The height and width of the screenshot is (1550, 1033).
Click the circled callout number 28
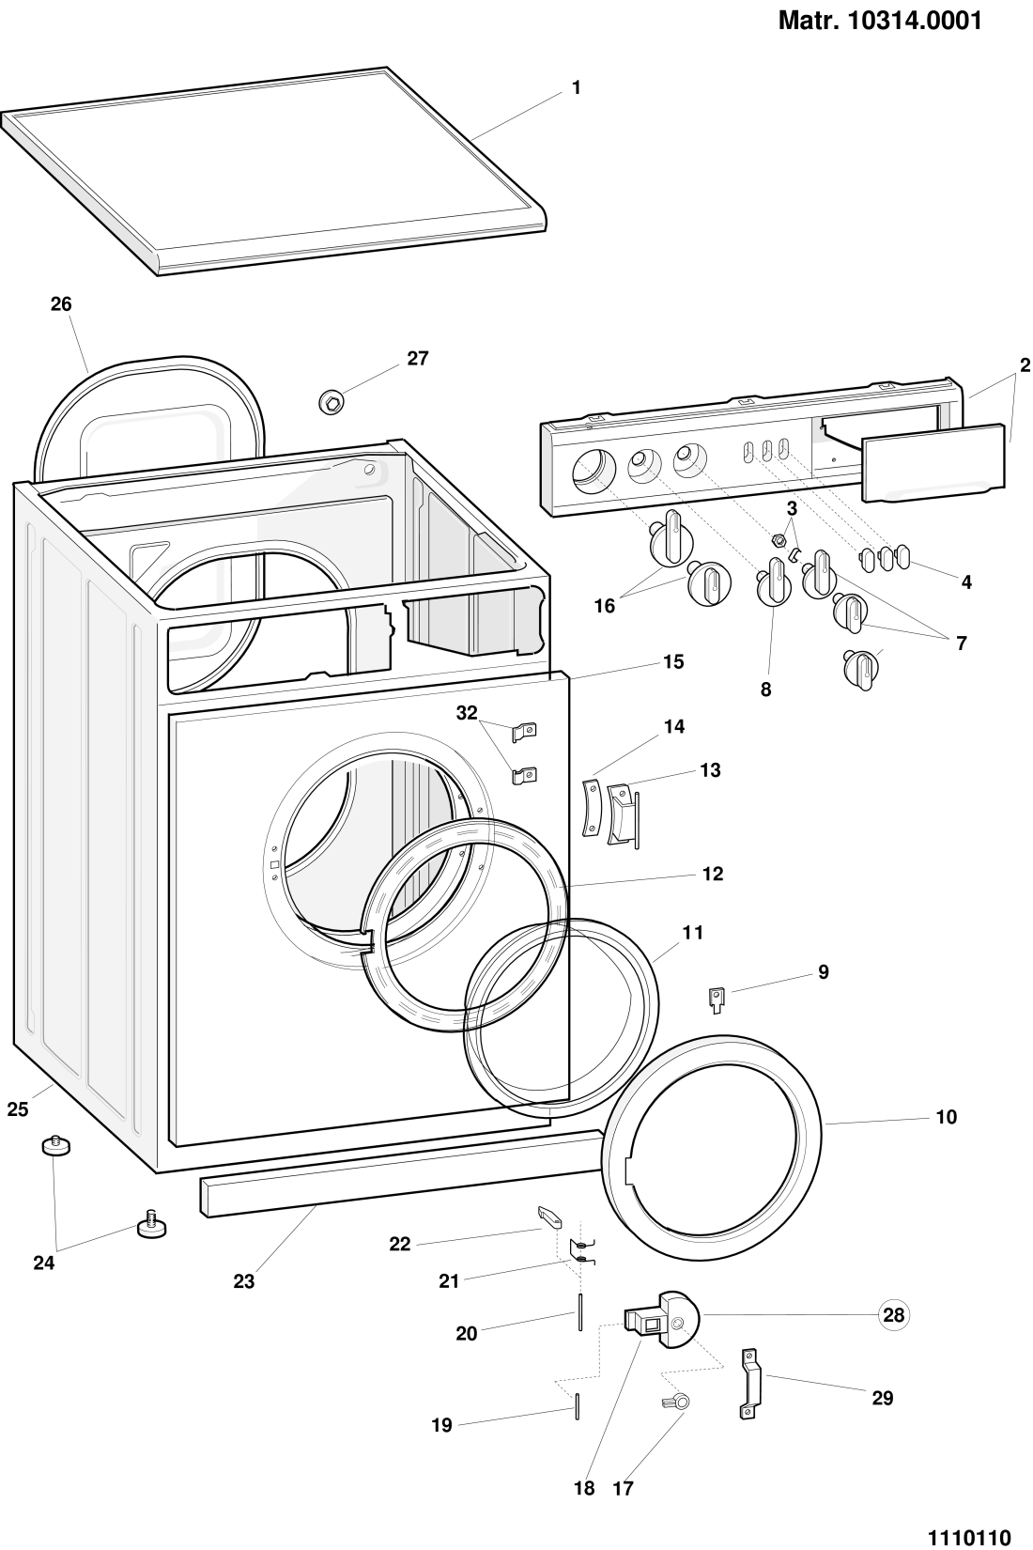(x=894, y=1315)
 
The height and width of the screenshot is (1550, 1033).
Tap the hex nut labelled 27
(x=331, y=401)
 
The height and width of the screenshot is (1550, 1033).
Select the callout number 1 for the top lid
(x=577, y=88)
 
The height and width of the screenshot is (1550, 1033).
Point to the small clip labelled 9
(x=717, y=999)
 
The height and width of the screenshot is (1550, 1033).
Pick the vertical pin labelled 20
(x=582, y=1310)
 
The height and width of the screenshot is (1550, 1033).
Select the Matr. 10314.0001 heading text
(x=880, y=21)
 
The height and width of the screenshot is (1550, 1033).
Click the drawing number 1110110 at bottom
(x=969, y=1537)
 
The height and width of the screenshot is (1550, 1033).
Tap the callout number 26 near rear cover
(x=61, y=304)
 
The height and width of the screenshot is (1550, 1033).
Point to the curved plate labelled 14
(x=591, y=805)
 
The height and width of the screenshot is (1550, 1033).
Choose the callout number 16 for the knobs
(x=605, y=606)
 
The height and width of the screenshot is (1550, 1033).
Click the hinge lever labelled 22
(x=549, y=1218)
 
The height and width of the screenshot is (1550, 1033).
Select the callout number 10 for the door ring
(x=946, y=1117)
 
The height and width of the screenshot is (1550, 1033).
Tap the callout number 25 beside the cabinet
(x=18, y=1109)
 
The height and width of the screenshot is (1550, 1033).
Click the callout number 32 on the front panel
(x=467, y=714)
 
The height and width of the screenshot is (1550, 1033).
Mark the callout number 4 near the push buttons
(x=966, y=582)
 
